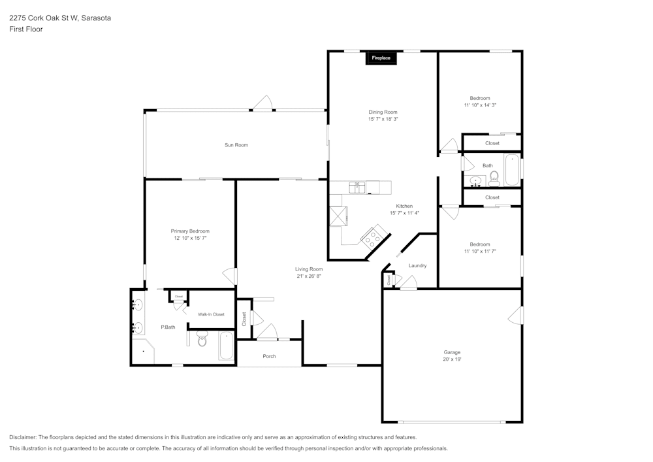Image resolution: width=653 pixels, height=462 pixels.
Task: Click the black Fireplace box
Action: coord(381,58)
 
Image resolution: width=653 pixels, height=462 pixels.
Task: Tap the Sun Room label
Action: coord(236,145)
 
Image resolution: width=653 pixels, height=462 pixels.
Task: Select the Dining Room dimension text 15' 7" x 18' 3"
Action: coord(383,120)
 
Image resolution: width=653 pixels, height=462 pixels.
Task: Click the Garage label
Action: coord(452,352)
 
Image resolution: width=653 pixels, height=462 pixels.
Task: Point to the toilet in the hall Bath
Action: coord(494,176)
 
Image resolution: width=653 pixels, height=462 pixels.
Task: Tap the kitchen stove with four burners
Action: coord(375,235)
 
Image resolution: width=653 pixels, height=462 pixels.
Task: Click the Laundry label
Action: coord(417,265)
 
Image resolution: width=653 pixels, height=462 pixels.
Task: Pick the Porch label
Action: coord(269,356)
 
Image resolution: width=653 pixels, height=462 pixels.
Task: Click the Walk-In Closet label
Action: coord(211,314)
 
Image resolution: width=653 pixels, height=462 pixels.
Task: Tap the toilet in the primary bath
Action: coord(202,339)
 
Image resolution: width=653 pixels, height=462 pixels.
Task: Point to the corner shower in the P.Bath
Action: coord(142,351)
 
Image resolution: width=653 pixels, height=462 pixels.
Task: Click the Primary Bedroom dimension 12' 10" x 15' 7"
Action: coord(190,239)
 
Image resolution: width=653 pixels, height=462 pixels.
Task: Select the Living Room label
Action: coord(309,269)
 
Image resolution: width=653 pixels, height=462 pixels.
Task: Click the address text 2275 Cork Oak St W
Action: coord(44,18)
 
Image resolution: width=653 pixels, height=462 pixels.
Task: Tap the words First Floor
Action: coord(26,29)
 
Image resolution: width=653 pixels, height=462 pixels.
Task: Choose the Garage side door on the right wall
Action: coord(516,316)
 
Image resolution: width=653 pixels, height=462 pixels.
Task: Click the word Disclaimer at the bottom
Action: coord(23,437)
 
